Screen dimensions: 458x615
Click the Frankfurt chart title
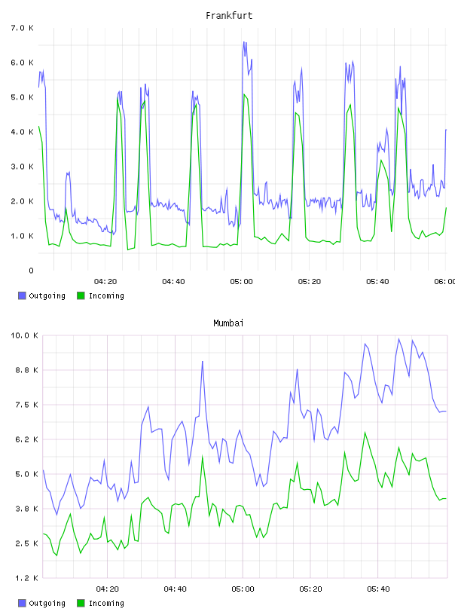(x=229, y=16)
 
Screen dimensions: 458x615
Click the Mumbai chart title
(x=228, y=323)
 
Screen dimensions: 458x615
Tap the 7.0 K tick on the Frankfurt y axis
(x=23, y=28)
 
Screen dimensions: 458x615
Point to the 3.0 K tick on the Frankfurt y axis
(x=23, y=167)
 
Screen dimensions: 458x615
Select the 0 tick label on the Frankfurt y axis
(x=31, y=271)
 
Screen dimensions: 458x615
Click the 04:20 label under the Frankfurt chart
(x=105, y=281)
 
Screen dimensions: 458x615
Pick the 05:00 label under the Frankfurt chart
(x=242, y=281)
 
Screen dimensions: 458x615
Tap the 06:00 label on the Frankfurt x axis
(x=445, y=281)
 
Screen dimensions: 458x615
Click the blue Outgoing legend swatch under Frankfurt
(x=22, y=295)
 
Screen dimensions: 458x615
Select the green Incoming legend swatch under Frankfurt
(x=81, y=295)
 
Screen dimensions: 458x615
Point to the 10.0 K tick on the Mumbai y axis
(x=24, y=335)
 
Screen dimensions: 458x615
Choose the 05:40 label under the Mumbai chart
(x=378, y=589)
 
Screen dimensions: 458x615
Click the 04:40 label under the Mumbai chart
(x=176, y=589)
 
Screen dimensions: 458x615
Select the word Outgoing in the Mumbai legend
(x=47, y=603)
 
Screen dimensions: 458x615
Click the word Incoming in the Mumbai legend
(x=106, y=603)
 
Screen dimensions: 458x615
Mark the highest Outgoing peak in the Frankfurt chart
(x=244, y=42)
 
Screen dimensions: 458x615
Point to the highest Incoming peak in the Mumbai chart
(x=365, y=432)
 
